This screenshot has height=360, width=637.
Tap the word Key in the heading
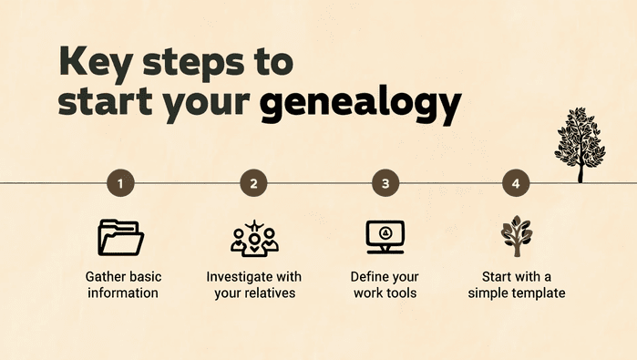tap(95, 61)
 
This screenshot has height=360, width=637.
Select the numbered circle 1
tap(121, 183)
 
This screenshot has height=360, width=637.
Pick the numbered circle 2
tap(253, 183)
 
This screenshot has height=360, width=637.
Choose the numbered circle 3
tap(385, 183)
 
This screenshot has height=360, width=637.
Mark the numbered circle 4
tap(516, 183)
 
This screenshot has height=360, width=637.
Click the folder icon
tap(121, 237)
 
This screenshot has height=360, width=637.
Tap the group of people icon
tap(253, 237)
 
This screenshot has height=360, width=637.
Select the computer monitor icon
tap(385, 237)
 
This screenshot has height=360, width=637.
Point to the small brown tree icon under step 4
tap(516, 237)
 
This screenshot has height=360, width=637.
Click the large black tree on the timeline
tap(580, 144)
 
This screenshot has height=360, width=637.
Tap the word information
tap(121, 293)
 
